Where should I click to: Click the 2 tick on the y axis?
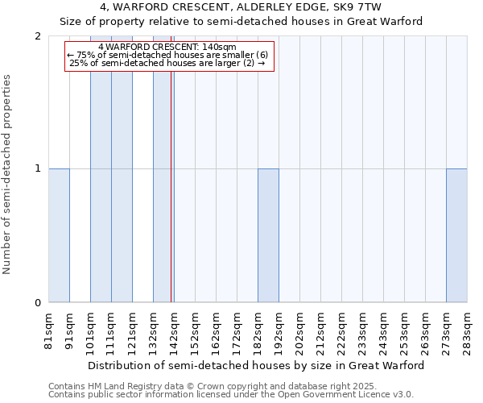click(x=38, y=36)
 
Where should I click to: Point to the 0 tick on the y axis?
click(x=38, y=303)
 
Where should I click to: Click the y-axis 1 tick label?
click(x=38, y=168)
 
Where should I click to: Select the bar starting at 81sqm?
click(x=59, y=235)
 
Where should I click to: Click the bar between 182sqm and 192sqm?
click(x=268, y=235)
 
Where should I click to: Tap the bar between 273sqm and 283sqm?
click(x=456, y=235)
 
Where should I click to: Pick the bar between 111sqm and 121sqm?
click(x=122, y=169)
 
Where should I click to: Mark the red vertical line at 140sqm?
click(x=171, y=185)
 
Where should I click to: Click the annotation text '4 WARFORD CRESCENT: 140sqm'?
click(x=167, y=47)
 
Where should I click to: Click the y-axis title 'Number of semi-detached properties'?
click(x=8, y=174)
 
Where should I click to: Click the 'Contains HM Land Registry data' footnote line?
click(x=230, y=386)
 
